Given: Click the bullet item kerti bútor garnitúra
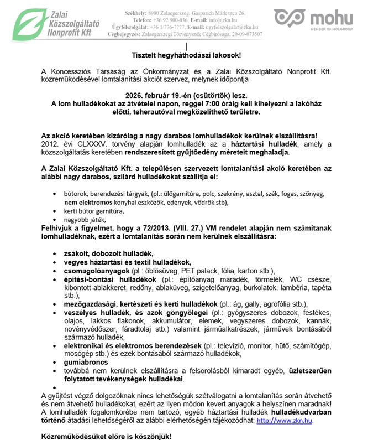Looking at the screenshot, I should (x=93, y=211).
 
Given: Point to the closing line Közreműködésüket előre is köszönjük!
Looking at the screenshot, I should (x=107, y=436).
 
